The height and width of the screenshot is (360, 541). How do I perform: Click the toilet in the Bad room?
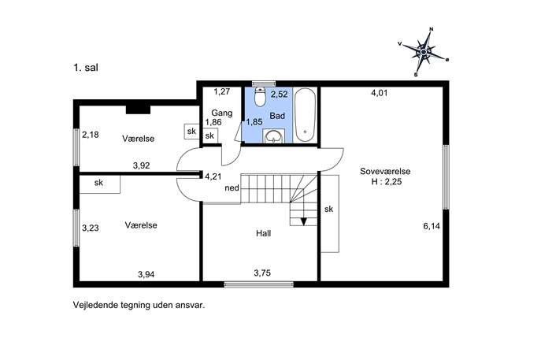[x=259, y=96]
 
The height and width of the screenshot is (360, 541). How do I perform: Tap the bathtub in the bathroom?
[x=305, y=115]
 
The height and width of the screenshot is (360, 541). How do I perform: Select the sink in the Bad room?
[x=274, y=136]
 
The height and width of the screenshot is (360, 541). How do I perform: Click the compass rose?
[x=424, y=52]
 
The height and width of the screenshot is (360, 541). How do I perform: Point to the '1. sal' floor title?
[x=86, y=68]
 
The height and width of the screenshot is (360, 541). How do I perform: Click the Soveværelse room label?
[x=385, y=171]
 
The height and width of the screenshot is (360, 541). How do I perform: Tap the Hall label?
[x=263, y=233]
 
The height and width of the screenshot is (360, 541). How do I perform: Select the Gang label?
[x=222, y=113]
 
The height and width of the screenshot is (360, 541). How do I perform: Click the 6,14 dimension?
[x=432, y=226]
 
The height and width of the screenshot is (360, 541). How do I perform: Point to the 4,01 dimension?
[x=380, y=92]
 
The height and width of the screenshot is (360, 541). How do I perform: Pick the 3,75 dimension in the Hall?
[x=262, y=273]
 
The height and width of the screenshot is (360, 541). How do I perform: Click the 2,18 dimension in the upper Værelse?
[x=91, y=135]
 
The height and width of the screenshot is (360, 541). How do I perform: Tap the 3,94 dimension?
[x=146, y=274]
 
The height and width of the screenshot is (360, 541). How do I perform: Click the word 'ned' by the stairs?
[x=232, y=188]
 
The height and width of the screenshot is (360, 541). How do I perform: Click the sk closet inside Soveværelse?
[x=329, y=213]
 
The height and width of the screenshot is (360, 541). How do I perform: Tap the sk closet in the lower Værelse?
[x=100, y=184]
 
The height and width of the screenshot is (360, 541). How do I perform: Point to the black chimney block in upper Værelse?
[x=138, y=109]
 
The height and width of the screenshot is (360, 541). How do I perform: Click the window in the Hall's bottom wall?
[x=259, y=284]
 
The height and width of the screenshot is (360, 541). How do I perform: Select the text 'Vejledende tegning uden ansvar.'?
[x=139, y=306]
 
